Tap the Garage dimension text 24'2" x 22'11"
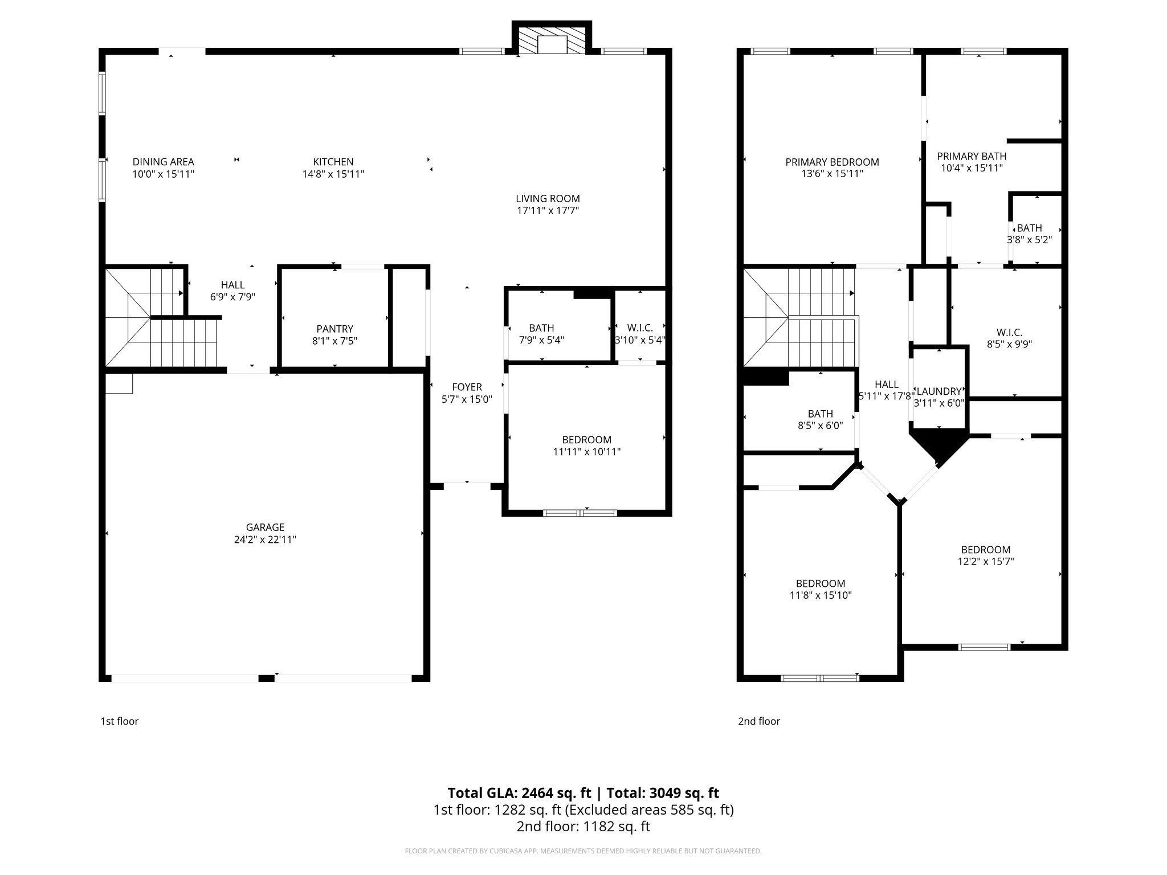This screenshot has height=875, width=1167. click(x=265, y=539)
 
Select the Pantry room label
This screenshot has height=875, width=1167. click(x=334, y=329)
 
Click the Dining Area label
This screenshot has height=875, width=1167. click(x=164, y=162)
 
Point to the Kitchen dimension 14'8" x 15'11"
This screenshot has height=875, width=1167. click(x=333, y=174)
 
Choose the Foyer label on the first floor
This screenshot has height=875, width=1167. click(x=467, y=387)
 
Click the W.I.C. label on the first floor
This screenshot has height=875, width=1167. click(x=639, y=328)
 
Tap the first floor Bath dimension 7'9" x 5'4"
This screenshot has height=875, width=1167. click(x=541, y=340)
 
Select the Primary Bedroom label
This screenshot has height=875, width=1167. click(x=832, y=162)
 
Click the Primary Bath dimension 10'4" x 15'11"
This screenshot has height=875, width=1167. click(x=972, y=168)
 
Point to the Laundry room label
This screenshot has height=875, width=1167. click(x=939, y=391)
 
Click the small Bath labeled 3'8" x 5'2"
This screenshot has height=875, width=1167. click(x=1029, y=228)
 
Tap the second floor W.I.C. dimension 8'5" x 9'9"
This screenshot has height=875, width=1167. click(x=1009, y=344)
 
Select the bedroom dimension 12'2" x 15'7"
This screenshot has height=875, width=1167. click(x=986, y=562)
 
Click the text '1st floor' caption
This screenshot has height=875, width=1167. click(x=120, y=721)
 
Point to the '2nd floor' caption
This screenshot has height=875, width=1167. click(x=759, y=721)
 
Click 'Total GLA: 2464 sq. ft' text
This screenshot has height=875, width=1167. click(x=520, y=793)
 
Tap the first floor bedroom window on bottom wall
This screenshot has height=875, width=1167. click(x=580, y=513)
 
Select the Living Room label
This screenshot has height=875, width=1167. click(x=548, y=199)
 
